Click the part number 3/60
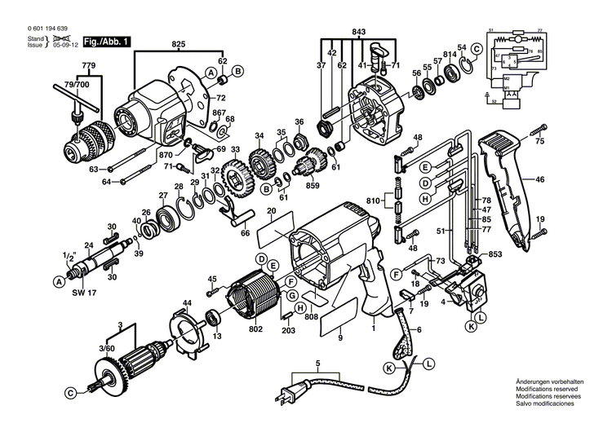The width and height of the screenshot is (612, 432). point(107,349)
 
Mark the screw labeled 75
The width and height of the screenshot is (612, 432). point(539,130)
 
